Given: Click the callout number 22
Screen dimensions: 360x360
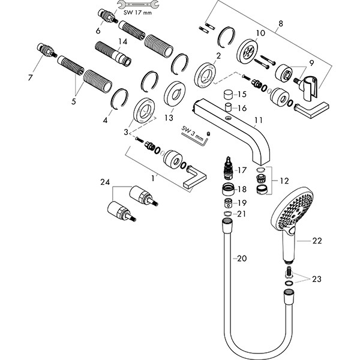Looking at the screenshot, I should [x=317, y=241].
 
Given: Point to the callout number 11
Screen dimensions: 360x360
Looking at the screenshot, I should [x=259, y=121].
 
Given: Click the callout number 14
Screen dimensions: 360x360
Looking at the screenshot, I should [x=122, y=41].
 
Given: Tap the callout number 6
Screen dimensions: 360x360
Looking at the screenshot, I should [x=98, y=30].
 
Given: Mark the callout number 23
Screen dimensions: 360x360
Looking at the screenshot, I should [x=316, y=278].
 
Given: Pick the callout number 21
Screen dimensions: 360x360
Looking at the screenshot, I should [x=241, y=214].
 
